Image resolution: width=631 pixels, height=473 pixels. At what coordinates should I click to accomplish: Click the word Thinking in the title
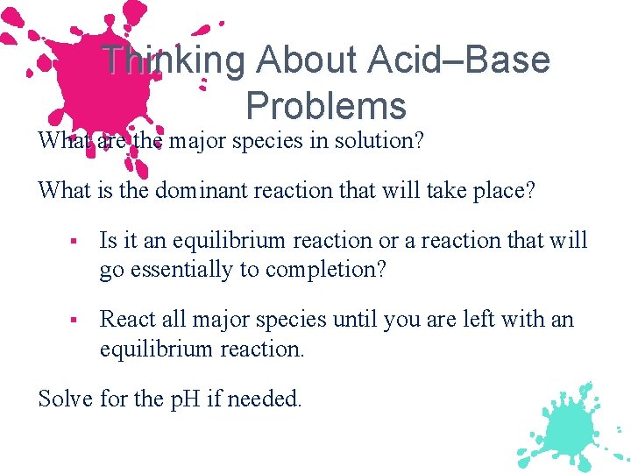click(x=174, y=60)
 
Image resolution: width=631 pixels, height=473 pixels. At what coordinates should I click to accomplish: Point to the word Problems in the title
click(x=326, y=106)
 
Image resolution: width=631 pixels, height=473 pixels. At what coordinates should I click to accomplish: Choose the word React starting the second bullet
click(x=124, y=320)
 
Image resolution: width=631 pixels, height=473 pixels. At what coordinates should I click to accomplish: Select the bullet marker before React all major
click(x=77, y=321)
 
